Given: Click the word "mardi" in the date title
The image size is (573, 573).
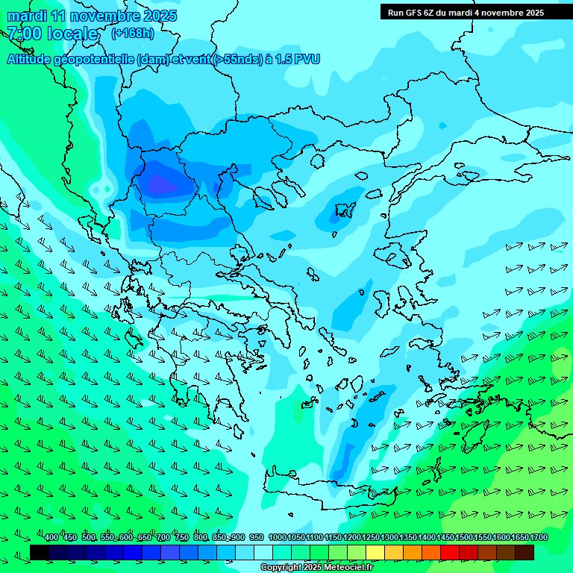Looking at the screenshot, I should pos(27,16).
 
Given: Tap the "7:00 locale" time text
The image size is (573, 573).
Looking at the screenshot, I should pos(52,34).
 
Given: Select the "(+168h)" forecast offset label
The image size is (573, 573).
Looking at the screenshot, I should pos(133,33).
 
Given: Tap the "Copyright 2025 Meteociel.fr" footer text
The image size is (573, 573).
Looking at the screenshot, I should pos(316,567).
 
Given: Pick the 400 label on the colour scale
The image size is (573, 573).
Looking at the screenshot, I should pos(51,538).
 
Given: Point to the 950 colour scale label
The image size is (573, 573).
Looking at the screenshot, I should pos(256,538).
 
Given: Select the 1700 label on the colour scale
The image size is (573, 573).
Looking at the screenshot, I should pos(539,538).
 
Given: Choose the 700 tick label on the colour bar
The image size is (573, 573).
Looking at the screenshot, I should pos(163,538).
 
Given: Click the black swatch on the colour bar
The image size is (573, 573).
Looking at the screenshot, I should pos(40,552).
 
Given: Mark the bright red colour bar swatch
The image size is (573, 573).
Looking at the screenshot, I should pos(450,552).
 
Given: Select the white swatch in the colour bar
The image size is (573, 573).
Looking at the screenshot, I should pos(263,552).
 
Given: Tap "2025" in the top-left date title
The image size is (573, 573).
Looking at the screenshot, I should pos(160,16).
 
